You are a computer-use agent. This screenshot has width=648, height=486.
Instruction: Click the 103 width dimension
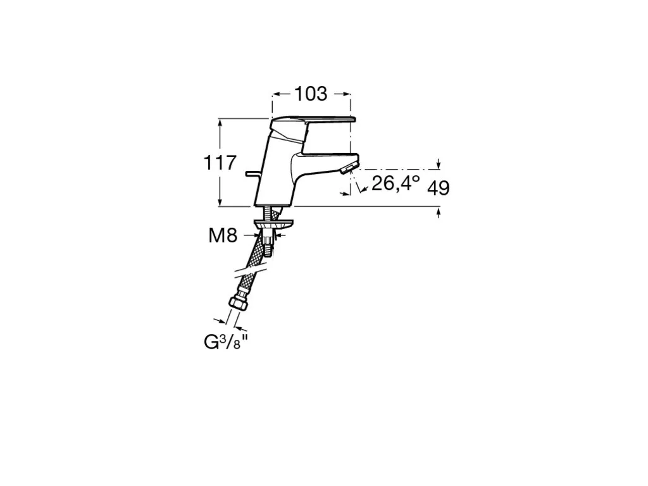pyautogui.click(x=310, y=94)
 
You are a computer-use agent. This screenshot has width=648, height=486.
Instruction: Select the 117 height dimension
pyautogui.click(x=220, y=163)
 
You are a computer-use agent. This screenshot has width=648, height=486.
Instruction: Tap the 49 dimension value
pyautogui.click(x=438, y=189)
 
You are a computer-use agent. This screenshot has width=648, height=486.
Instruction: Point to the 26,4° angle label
pyautogui.click(x=396, y=183)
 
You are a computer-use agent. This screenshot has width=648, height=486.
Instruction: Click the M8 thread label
pyautogui.click(x=223, y=235)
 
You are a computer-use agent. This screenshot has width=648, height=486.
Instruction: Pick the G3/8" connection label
pyautogui.click(x=227, y=341)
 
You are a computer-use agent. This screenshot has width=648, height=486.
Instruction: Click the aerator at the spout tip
pyautogui.click(x=348, y=168)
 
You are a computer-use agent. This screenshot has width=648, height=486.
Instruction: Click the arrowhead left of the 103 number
pyautogui.click(x=277, y=94)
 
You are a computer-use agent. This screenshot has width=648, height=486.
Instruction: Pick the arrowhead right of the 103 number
pyautogui.click(x=346, y=94)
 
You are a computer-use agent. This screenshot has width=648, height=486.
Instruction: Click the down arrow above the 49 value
pyautogui.click(x=439, y=165)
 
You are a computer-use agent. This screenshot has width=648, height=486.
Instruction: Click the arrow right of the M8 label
pyautogui.click(x=278, y=235)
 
